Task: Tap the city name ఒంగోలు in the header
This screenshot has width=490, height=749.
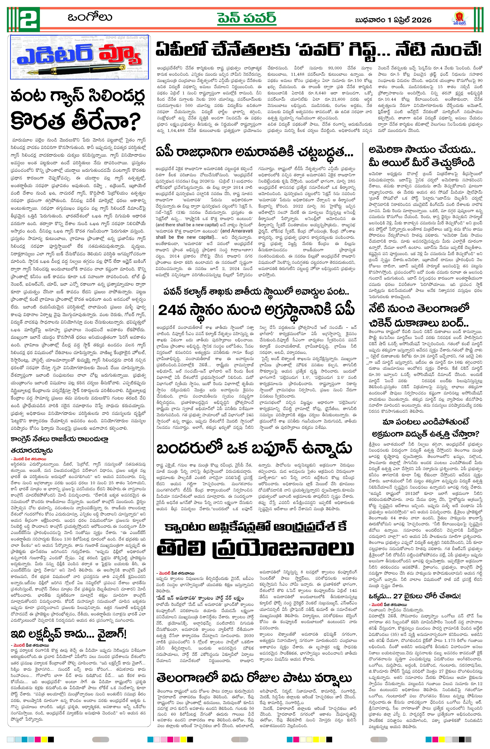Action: (x=90, y=17)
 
